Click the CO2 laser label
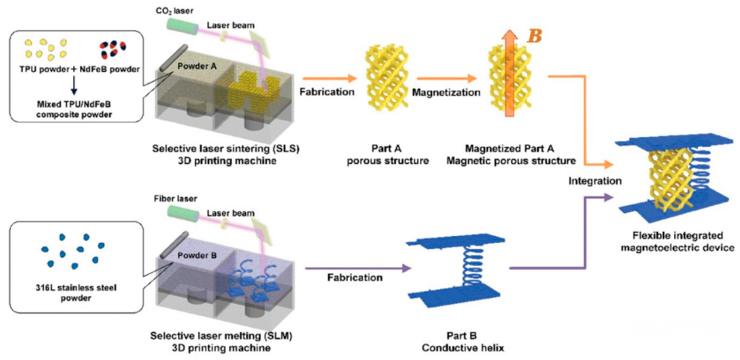coord(174,11)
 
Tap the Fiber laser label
coord(175,199)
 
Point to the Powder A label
coord(197,66)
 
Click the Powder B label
coord(197,255)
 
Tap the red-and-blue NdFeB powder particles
coord(113,50)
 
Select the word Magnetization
coord(446,93)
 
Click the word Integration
coord(595,181)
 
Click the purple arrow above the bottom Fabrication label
coord(358,268)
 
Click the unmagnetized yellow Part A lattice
coord(387,78)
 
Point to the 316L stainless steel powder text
coord(76,292)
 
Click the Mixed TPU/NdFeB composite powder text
coord(74,109)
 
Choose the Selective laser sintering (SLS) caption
coord(226,155)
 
